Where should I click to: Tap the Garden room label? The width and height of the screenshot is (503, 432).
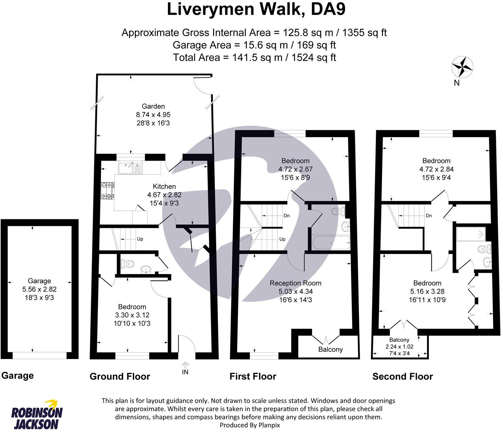[153, 106]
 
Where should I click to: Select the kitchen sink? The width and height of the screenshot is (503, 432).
[131, 168]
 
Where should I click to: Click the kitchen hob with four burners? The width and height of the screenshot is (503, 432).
[107, 191]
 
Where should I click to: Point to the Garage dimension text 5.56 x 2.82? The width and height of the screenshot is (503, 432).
[39, 289]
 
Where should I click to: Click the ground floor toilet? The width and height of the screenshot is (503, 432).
[127, 264]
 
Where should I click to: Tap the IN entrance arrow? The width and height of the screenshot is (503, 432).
[185, 365]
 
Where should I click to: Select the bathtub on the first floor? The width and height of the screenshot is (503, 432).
[331, 242]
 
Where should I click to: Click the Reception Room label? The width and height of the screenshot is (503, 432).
[295, 283]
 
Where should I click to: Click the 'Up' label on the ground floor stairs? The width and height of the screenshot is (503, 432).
[140, 239]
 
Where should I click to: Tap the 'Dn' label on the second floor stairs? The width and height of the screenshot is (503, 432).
[429, 216]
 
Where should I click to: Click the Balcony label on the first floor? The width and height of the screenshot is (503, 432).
[330, 349]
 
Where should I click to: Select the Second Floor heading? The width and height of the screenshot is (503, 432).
[403, 376]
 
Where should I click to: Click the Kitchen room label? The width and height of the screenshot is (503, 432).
[164, 186]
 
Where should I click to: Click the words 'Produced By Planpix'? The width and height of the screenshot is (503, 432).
[250, 425]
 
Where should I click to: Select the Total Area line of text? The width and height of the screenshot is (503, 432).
[255, 57]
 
